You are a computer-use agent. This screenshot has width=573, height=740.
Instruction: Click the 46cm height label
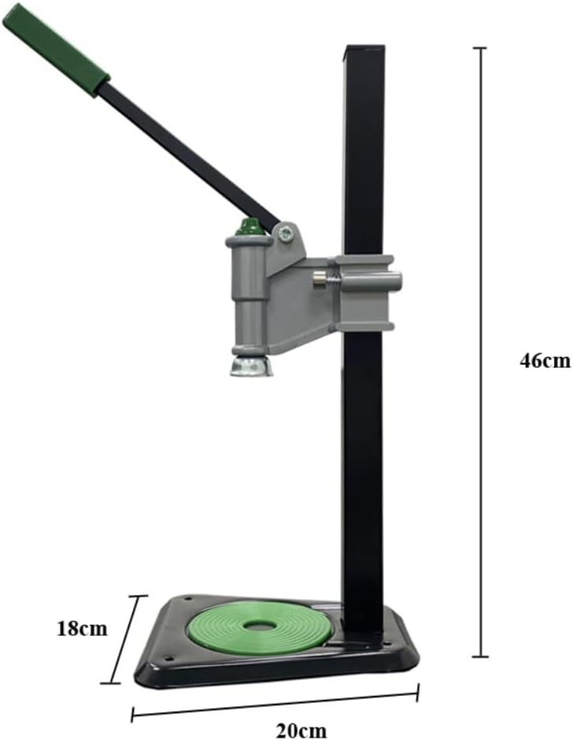tap(544, 360)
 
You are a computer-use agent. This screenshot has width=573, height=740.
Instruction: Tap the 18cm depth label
tap(82, 629)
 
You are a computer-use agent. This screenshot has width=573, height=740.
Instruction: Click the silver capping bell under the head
tap(252, 364)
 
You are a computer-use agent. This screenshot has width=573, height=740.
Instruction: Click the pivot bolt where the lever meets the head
tap(286, 232)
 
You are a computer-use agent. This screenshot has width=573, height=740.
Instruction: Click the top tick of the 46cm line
tap(482, 48)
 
